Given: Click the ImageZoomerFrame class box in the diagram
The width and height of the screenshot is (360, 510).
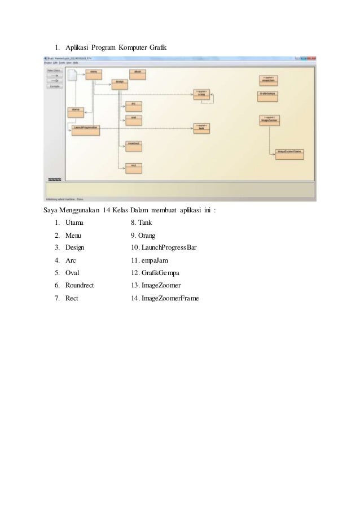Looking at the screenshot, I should point(289,154).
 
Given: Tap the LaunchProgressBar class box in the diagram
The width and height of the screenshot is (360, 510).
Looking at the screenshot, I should point(86,129).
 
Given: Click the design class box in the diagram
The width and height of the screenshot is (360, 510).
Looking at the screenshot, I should point(119,83).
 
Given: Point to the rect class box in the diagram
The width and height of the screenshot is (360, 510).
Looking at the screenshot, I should point(133,166).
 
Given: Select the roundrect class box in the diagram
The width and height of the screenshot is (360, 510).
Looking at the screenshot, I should point(133,145).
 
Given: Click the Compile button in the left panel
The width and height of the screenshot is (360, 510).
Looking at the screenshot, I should point(54,87).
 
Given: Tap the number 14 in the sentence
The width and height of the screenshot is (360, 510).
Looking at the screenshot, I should point(107,212).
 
